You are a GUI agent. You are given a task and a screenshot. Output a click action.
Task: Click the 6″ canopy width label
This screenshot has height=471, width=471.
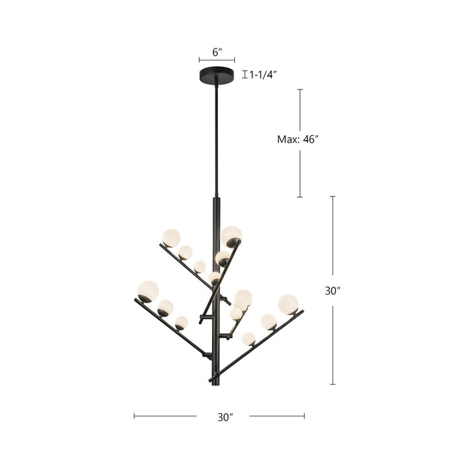tap(216, 51)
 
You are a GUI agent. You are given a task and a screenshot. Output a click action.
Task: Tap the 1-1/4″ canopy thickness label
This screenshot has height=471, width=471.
tap(263, 75)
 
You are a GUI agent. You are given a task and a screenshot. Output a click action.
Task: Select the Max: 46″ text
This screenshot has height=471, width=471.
tap(297, 139)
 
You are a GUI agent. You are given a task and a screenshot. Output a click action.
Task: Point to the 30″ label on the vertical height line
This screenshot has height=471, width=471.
tap(332, 291)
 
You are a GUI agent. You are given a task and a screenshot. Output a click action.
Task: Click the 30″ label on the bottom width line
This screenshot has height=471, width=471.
tap(225, 417)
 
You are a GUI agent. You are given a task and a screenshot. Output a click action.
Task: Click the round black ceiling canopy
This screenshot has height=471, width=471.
tap(216, 75)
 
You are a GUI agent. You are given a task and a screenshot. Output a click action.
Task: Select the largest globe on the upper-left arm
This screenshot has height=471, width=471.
tap(172, 238)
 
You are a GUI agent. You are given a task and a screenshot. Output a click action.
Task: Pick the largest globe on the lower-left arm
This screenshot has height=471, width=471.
tap(148, 291)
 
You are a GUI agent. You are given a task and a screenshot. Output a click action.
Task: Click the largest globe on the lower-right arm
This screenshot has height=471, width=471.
tap(288, 304)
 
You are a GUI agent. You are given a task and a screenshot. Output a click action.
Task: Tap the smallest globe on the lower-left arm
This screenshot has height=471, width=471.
tap(181, 323)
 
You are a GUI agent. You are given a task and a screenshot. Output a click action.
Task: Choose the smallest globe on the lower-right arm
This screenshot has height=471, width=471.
tap(248, 338)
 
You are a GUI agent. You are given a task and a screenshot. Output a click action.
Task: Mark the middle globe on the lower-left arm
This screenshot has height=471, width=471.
tap(165, 307)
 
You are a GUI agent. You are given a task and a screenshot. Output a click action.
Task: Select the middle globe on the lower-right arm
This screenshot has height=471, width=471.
tap(268, 322)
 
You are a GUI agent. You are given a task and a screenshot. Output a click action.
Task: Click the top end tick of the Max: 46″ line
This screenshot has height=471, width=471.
tap(300, 89)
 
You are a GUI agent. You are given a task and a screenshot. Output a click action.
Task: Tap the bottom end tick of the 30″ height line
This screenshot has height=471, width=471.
tap(332, 384)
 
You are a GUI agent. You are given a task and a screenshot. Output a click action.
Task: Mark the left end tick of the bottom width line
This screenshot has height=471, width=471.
tap(134, 416)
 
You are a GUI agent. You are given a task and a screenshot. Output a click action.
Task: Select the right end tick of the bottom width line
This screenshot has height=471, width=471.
tap(304, 416)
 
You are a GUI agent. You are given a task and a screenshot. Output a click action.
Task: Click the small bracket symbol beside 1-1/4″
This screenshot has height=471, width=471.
tap(244, 75)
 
